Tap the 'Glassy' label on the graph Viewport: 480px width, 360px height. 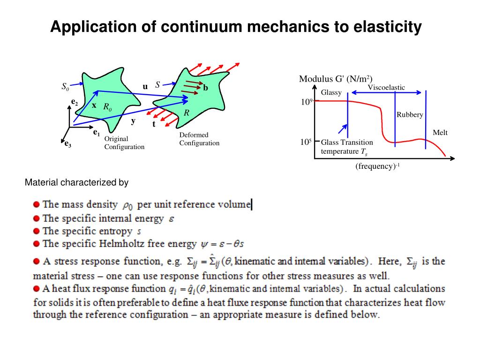click(331, 92)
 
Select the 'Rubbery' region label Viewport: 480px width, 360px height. click(410, 115)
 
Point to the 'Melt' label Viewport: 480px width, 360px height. click(440, 133)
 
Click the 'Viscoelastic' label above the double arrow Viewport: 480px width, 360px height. click(386, 88)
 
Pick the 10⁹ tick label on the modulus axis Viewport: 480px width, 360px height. click(306, 101)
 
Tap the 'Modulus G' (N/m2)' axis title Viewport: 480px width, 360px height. click(336, 79)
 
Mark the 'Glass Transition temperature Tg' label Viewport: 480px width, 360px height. click(347, 147)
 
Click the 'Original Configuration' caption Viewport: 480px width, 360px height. click(124, 143)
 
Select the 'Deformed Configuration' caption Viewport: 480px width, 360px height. click(199, 139)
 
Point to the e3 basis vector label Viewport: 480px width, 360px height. click(68, 144)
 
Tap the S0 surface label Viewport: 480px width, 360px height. click(65, 86)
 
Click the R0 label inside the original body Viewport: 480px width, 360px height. click(107, 107)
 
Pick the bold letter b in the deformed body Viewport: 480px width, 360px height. click(205, 88)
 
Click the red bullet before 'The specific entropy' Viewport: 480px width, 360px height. click(37, 231)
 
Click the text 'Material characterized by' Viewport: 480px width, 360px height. click(76, 182)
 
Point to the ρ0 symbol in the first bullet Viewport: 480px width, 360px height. click(127, 205)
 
